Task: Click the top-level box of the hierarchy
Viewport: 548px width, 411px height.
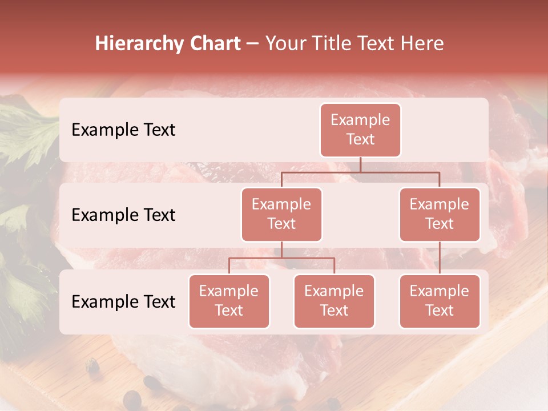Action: point(360,130)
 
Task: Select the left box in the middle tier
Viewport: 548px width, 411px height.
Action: point(281,214)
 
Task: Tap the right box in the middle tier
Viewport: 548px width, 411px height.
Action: point(440,214)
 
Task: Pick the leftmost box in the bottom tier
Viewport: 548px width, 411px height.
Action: point(229,301)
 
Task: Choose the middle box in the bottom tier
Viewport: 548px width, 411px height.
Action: point(334,301)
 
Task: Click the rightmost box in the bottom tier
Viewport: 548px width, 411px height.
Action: point(440,301)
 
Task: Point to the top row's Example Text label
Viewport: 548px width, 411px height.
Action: point(123,130)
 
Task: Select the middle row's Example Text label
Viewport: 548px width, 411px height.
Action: point(123,215)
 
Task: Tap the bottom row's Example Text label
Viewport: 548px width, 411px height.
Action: point(123,301)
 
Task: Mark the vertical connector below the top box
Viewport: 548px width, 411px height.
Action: point(360,164)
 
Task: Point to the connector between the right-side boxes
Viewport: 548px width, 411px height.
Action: point(440,257)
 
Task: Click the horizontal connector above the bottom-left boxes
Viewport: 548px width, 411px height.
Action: point(281,258)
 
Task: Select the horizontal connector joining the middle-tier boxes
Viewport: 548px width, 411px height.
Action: point(360,172)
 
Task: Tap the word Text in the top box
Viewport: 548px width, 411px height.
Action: point(360,139)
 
